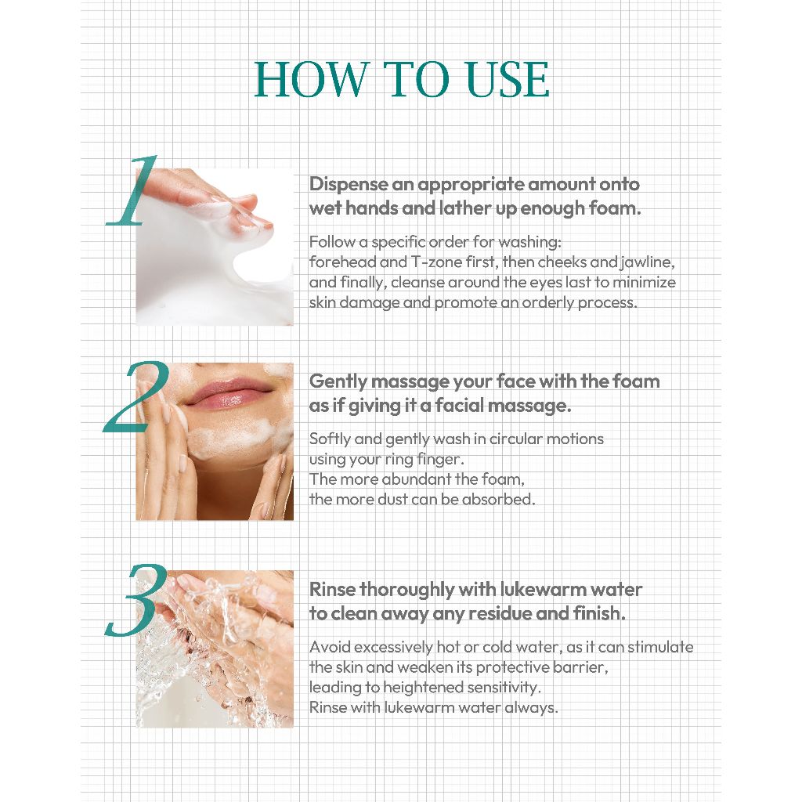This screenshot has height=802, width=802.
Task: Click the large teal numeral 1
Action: pyautogui.click(x=131, y=190)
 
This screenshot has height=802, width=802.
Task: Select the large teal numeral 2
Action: pyautogui.click(x=136, y=397)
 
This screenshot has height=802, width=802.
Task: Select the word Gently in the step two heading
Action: pyautogui.click(x=338, y=382)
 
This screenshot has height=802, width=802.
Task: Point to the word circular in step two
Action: pyautogui.click(x=516, y=439)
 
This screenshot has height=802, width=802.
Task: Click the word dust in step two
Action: pyautogui.click(x=392, y=499)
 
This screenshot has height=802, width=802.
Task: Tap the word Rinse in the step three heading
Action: pyautogui.click(x=332, y=590)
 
